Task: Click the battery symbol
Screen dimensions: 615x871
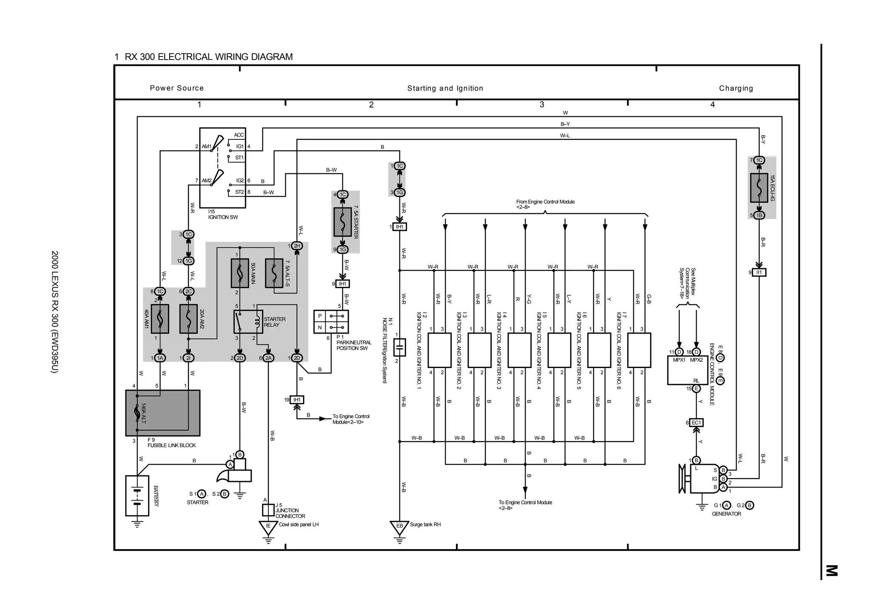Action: tap(137, 496)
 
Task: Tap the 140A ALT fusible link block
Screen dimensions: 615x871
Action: tap(162, 413)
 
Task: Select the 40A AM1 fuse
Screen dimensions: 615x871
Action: tap(160, 318)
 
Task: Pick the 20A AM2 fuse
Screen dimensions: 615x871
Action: tap(188, 318)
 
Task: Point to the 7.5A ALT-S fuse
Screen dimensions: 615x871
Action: tap(274, 273)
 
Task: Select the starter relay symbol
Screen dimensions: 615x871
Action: tap(248, 322)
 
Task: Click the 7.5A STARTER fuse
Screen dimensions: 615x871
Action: tap(343, 222)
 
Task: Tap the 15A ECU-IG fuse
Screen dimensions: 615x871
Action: tap(759, 187)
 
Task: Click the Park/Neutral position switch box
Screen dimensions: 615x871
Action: tap(331, 322)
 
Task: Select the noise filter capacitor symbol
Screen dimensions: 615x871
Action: tap(399, 347)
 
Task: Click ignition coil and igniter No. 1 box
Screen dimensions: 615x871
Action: tap(439, 350)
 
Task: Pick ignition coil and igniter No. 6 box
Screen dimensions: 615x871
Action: tap(639, 350)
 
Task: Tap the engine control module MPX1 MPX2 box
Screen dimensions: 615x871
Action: tap(687, 370)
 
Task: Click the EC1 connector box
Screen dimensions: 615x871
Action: tap(696, 422)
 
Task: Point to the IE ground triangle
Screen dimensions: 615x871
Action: tap(268, 527)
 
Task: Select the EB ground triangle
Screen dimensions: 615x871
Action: tap(399, 527)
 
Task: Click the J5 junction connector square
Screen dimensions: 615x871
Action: tap(268, 510)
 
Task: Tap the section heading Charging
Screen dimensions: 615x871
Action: tap(736, 88)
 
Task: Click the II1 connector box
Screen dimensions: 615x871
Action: tap(759, 272)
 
